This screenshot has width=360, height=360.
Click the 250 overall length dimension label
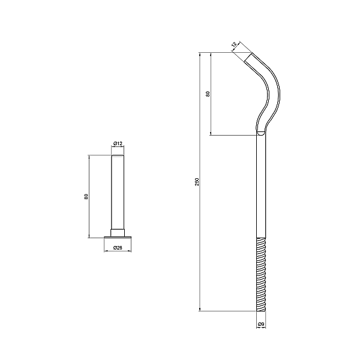tap(197, 182)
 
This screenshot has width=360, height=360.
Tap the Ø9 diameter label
tap(261, 324)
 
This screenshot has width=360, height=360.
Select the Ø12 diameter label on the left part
tap(118, 144)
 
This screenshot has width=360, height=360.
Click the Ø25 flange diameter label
tap(118, 247)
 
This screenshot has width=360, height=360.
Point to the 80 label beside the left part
tap(86, 197)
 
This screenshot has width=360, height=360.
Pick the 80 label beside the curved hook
tap(208, 94)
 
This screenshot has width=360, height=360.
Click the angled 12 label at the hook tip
tap(234, 44)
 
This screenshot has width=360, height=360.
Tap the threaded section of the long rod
tap(261, 274)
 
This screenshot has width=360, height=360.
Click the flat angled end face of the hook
tap(248, 57)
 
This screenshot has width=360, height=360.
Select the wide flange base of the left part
tap(118, 237)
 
